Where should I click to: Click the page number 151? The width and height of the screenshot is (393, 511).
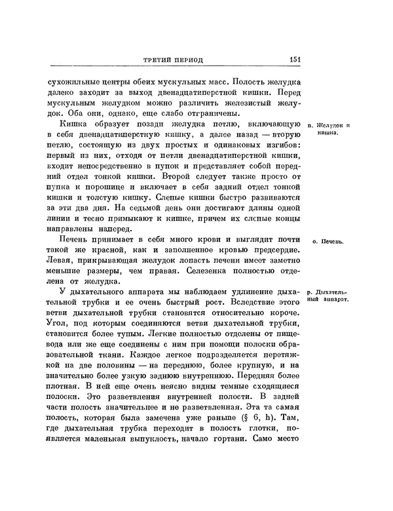(294, 60)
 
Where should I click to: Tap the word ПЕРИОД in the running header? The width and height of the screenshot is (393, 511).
(189, 60)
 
